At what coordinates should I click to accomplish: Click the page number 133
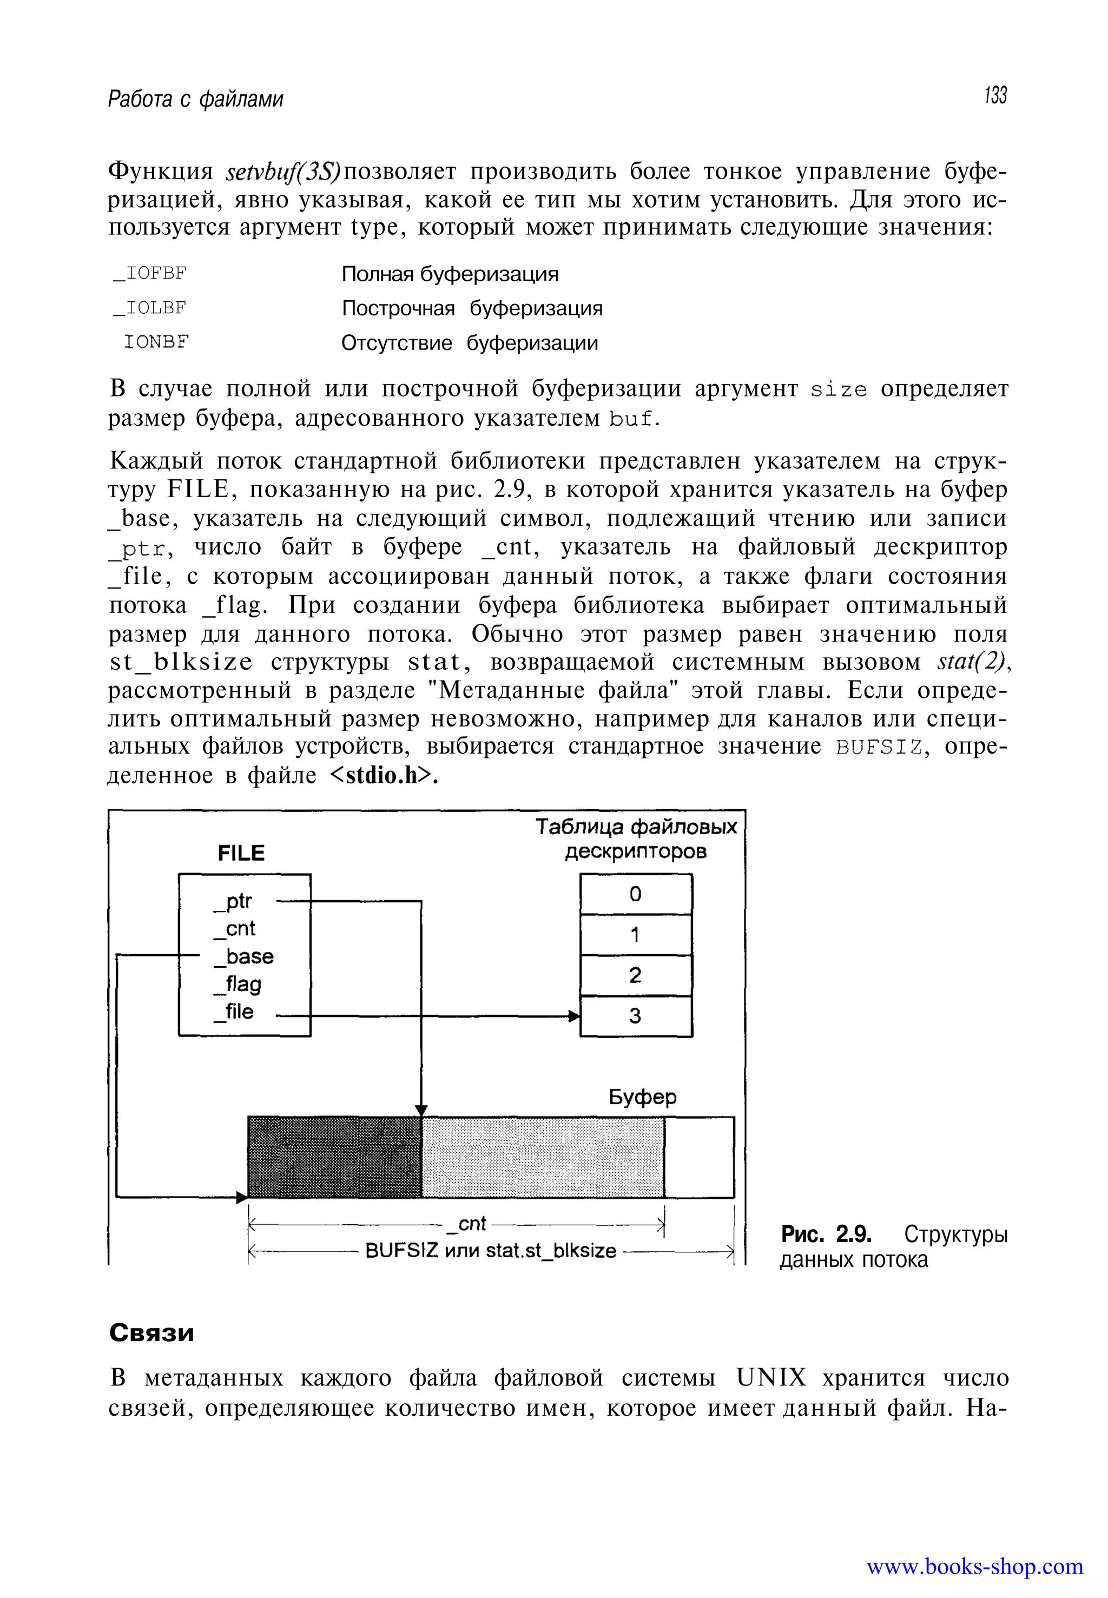coord(995,96)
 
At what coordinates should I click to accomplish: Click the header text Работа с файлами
coord(196,100)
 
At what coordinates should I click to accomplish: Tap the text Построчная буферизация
coord(472,308)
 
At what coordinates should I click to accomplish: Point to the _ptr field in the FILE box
coord(233,901)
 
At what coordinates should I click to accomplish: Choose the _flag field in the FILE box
coord(238,985)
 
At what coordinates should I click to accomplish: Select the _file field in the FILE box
coord(235,1012)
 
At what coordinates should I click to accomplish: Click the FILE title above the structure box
coord(241,853)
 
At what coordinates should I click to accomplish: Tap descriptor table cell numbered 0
coord(636,894)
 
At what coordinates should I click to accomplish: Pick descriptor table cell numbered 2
coord(636,975)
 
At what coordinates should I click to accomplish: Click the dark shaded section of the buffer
coord(335,1157)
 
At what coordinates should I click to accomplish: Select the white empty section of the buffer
coord(699,1157)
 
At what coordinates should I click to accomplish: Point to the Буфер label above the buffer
coord(642,1098)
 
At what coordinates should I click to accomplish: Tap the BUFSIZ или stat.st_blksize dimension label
coord(491,1251)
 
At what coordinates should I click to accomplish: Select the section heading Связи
coord(152,1333)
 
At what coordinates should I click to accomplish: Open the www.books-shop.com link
coord(974,1567)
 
